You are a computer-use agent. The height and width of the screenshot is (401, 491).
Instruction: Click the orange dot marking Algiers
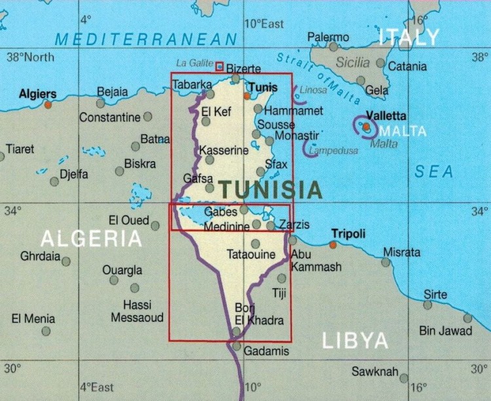tap(48, 104)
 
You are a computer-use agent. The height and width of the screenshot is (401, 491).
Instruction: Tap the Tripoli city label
tap(348, 234)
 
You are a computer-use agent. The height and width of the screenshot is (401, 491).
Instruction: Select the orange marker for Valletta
tap(367, 126)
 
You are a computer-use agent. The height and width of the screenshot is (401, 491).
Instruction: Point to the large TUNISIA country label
tap(270, 189)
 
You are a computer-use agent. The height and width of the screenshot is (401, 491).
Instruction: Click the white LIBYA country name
tap(355, 341)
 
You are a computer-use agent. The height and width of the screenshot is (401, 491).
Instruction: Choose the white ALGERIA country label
tap(90, 238)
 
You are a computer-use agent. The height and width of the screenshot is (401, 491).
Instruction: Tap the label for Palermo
tap(328, 37)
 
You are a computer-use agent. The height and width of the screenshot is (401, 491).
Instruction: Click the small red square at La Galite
tap(219, 66)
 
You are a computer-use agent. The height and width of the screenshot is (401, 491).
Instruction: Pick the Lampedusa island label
tap(334, 151)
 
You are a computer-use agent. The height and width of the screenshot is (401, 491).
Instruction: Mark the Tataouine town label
tap(251, 255)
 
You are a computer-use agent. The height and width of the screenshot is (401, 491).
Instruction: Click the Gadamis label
tap(266, 351)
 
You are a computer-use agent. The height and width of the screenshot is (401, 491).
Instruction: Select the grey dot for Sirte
tap(427, 305)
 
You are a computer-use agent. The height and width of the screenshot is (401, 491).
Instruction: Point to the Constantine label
tap(110, 118)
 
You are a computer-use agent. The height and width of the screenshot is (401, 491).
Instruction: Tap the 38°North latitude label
tap(30, 57)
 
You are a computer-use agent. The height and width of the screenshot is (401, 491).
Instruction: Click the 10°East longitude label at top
tap(264, 24)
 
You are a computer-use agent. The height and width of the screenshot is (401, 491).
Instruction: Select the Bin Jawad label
tap(445, 331)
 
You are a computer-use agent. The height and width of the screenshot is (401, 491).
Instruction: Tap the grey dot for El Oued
tap(155, 226)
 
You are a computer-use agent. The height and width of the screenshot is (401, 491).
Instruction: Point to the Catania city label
tap(407, 66)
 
